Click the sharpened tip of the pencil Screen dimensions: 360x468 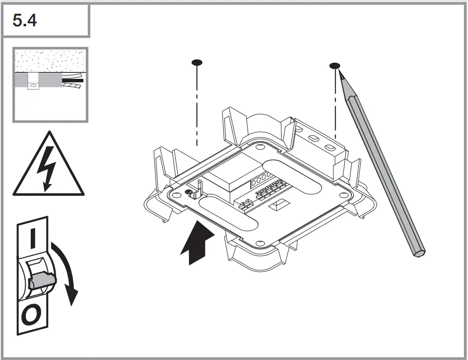tap(339, 72)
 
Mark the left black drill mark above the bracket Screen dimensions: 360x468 tap(197, 62)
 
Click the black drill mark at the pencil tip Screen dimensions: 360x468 tap(335, 65)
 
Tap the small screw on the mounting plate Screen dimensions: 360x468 tap(189, 192)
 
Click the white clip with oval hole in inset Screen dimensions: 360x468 tap(33, 82)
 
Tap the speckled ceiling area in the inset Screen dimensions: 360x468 tap(50, 61)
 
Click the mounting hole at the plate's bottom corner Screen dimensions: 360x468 tap(260, 243)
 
